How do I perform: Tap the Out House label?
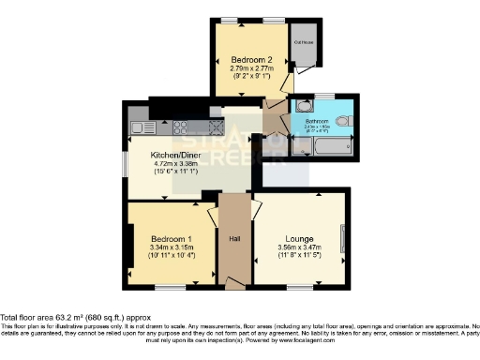click(304, 42)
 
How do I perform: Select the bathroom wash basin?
click(298, 106)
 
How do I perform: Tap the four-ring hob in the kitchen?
click(179, 127)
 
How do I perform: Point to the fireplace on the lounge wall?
click(343, 238)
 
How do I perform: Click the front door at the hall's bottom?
click(235, 281)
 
